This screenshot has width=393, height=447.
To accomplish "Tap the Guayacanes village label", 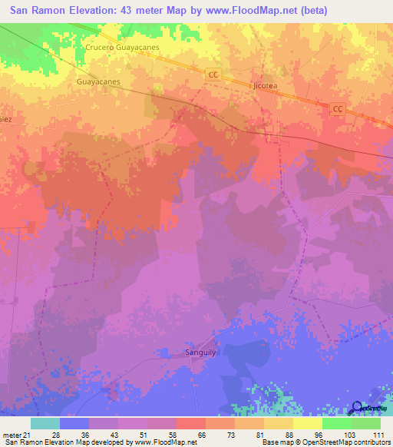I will tap(99, 80).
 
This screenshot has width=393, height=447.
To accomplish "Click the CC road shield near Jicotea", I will tap(214, 74).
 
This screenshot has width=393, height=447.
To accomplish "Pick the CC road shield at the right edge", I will tap(337, 109).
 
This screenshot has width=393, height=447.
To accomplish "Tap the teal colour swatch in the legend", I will tap(45, 423).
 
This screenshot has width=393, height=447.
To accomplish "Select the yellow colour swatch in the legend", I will tap(308, 423).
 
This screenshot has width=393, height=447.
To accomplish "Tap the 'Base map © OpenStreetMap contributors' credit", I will tap(325, 443).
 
